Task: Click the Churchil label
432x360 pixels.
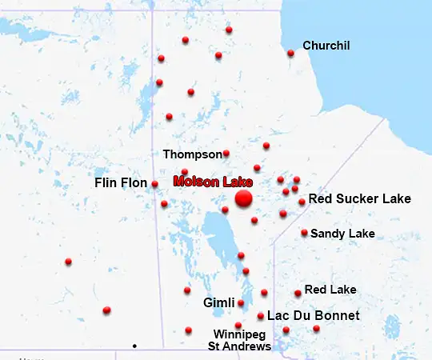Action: (x=326, y=46)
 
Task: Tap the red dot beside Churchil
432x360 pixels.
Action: (x=290, y=54)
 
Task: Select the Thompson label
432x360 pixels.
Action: (x=192, y=154)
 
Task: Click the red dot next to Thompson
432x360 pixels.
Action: (x=226, y=153)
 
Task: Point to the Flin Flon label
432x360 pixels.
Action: (x=121, y=183)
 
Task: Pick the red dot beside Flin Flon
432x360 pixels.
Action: (x=154, y=184)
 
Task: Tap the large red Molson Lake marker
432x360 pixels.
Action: (x=244, y=198)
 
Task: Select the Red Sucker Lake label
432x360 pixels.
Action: (x=359, y=198)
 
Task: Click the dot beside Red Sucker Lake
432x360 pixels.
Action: (x=302, y=202)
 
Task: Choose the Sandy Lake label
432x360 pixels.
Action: (x=342, y=234)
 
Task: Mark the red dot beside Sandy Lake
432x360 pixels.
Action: (x=305, y=233)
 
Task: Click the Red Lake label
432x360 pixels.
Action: (x=330, y=289)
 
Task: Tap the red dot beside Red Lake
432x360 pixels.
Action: (x=298, y=294)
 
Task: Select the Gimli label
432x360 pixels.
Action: (x=218, y=303)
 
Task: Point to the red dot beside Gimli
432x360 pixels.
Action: (x=241, y=303)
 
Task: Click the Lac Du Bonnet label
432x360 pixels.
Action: (x=313, y=316)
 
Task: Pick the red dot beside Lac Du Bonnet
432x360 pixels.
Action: (x=261, y=316)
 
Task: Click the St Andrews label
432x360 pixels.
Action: (x=239, y=346)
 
